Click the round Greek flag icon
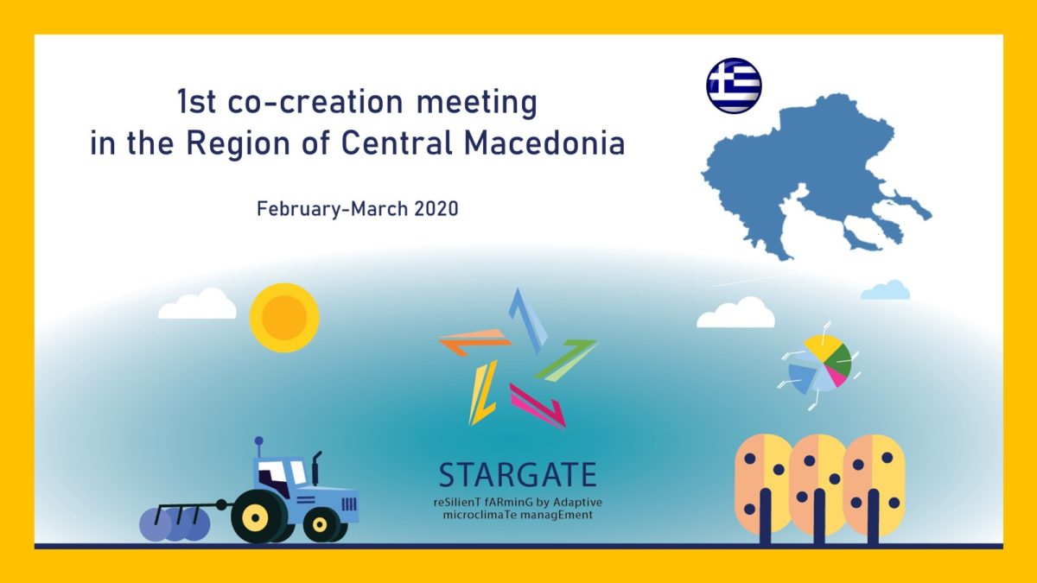point(734,86)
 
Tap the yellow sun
point(284,318)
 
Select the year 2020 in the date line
point(436,209)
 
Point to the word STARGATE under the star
point(518,475)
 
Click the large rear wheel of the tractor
point(255,516)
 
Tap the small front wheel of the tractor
point(320,525)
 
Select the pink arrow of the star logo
point(538,406)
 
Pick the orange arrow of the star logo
point(474,341)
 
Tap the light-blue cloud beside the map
point(885,290)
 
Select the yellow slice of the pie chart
point(822,346)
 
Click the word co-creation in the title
point(315,102)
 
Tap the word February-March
point(333,209)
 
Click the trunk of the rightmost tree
point(873,516)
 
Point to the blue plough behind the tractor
point(175,523)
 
